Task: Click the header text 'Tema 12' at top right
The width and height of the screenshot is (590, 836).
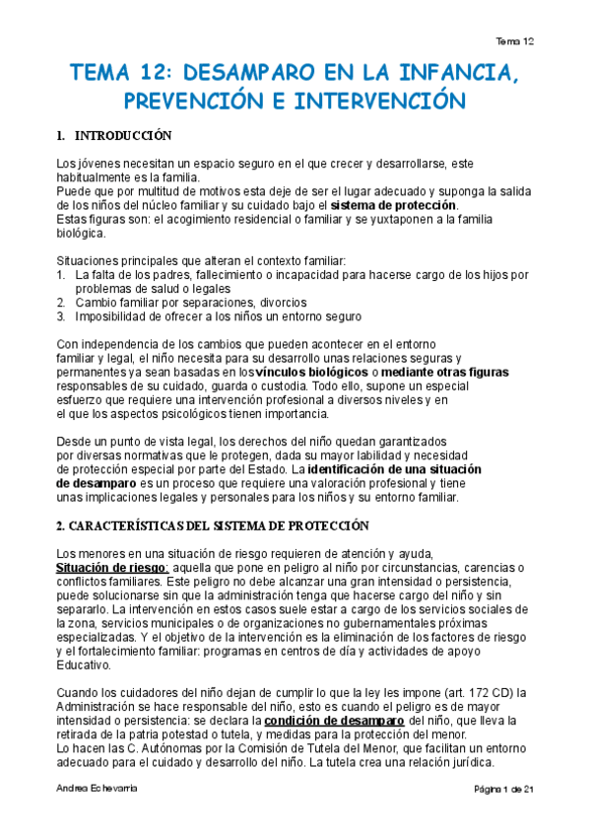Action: click(515, 41)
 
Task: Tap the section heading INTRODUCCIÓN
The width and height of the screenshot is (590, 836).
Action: click(123, 135)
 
